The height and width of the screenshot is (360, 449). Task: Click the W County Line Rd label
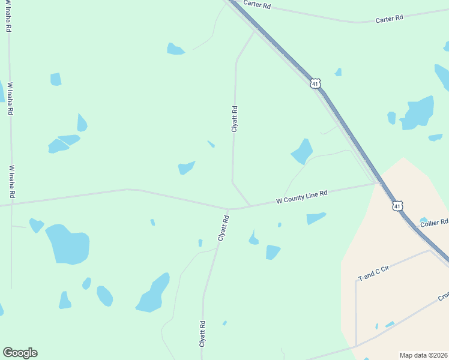[x=301, y=196]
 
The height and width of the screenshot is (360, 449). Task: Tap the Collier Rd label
[x=434, y=223]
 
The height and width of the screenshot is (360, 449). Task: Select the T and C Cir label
[x=373, y=273]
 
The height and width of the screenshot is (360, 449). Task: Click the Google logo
[x=20, y=353]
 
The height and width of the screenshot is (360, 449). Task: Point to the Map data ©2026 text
[x=423, y=355]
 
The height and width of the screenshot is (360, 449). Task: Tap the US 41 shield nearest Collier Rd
[x=397, y=206]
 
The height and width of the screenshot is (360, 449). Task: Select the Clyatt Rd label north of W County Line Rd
[x=235, y=119]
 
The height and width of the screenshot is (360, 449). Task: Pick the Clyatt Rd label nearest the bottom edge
[x=203, y=333]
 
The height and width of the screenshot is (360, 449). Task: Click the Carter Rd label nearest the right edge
[x=389, y=19]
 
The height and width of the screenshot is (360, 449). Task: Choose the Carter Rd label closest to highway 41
[x=258, y=5]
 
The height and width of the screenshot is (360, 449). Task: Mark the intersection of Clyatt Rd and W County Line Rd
[x=228, y=209]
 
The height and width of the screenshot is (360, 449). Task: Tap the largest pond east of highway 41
[x=418, y=113]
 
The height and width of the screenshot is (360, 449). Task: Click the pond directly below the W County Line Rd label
[x=315, y=218]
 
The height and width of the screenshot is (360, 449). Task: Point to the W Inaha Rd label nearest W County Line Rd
[x=11, y=182]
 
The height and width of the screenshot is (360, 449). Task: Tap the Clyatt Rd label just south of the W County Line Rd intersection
[x=223, y=229]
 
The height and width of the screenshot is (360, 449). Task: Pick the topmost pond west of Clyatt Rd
[x=175, y=49]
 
